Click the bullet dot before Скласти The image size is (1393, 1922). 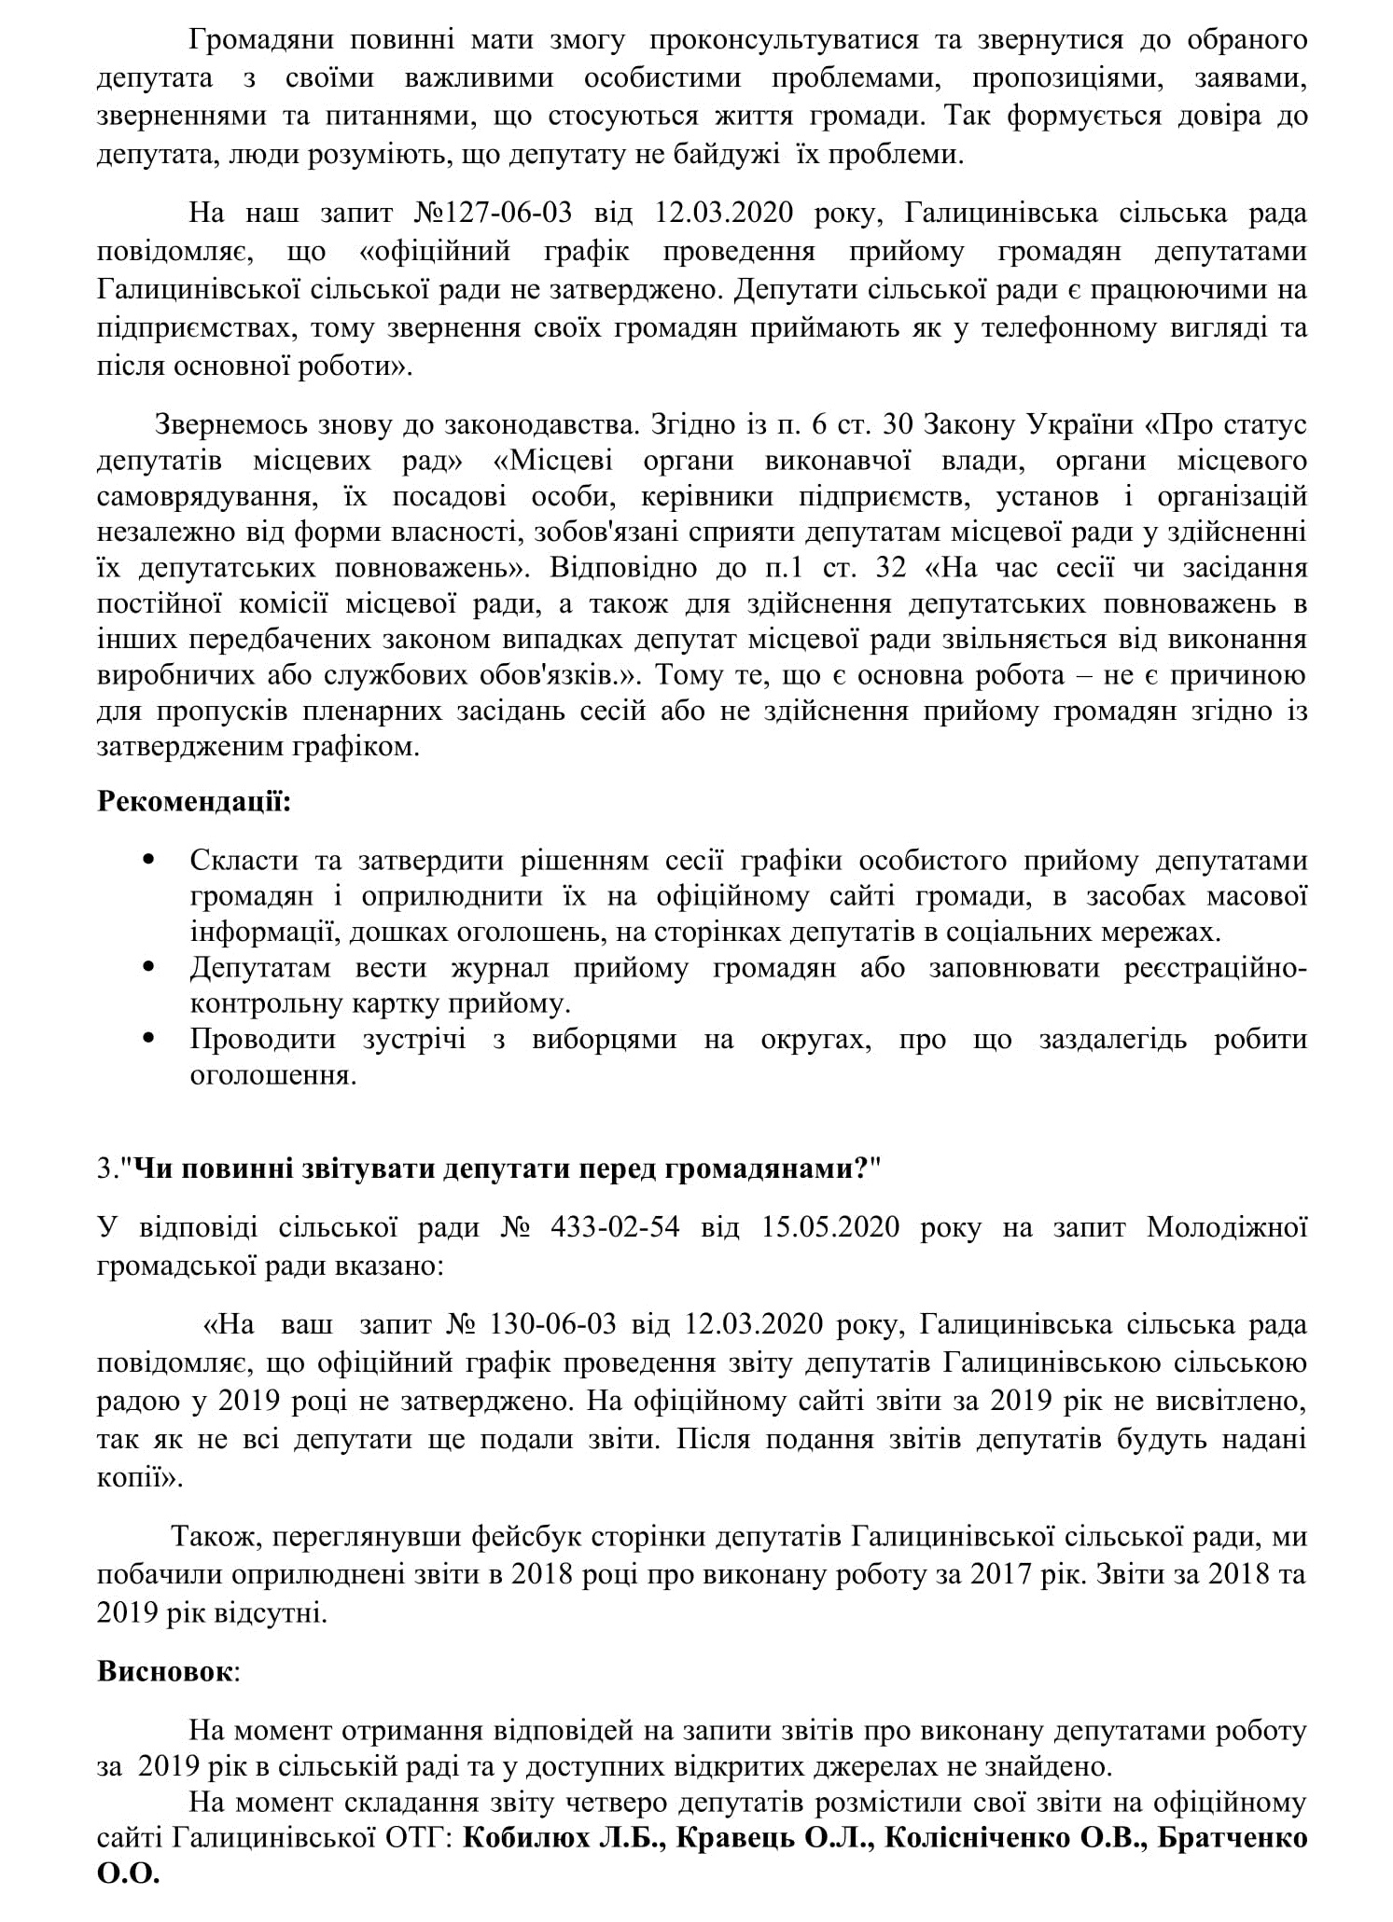[x=147, y=859]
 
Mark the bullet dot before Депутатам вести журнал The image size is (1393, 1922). [x=147, y=967]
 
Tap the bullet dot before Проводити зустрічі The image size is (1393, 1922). [x=147, y=1038]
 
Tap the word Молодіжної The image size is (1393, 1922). [x=1226, y=1226]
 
